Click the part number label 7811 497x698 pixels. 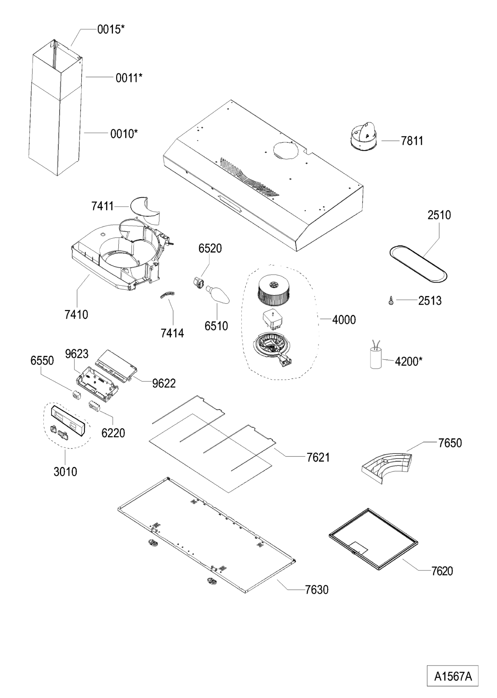coord(412,141)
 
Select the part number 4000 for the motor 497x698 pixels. coord(344,320)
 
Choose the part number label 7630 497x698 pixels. coord(316,590)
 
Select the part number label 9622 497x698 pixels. coord(164,383)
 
